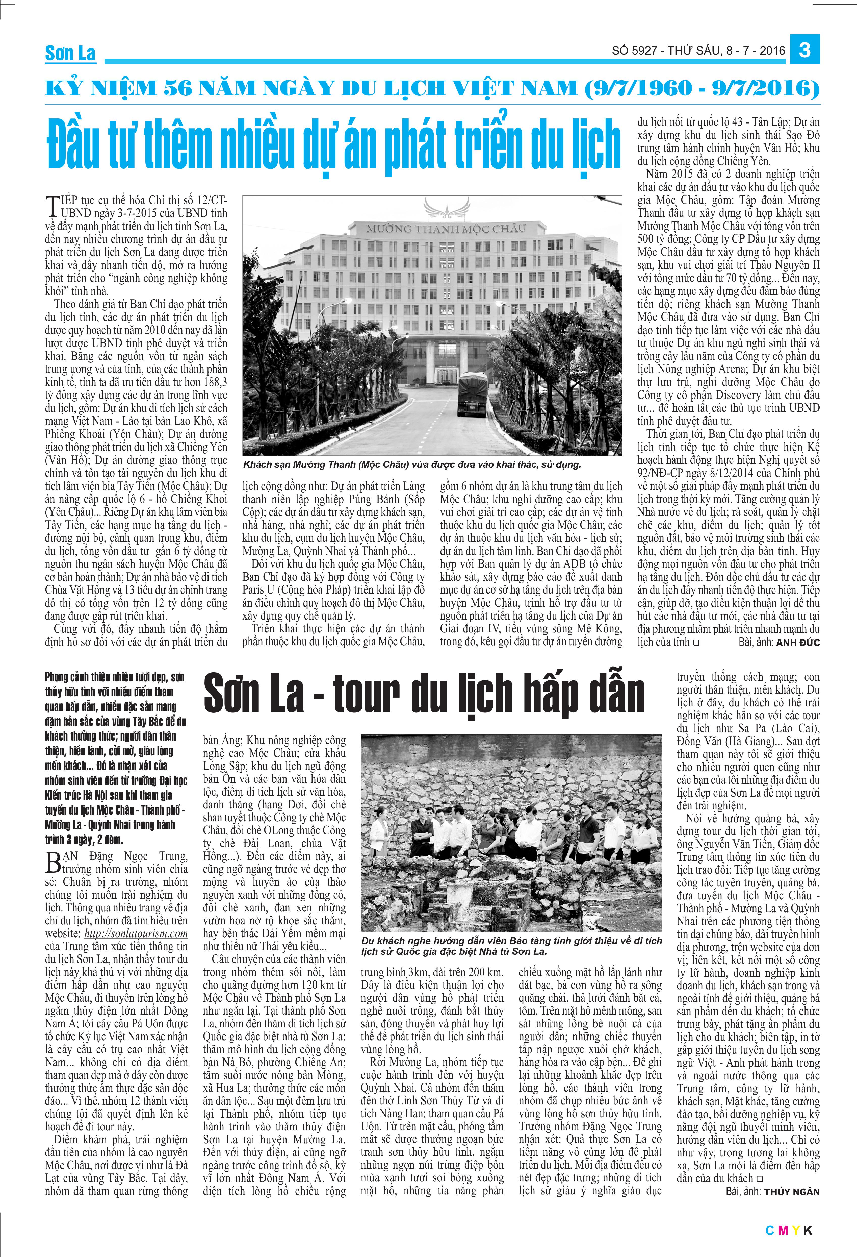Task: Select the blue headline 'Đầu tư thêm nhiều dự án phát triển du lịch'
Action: (334, 143)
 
